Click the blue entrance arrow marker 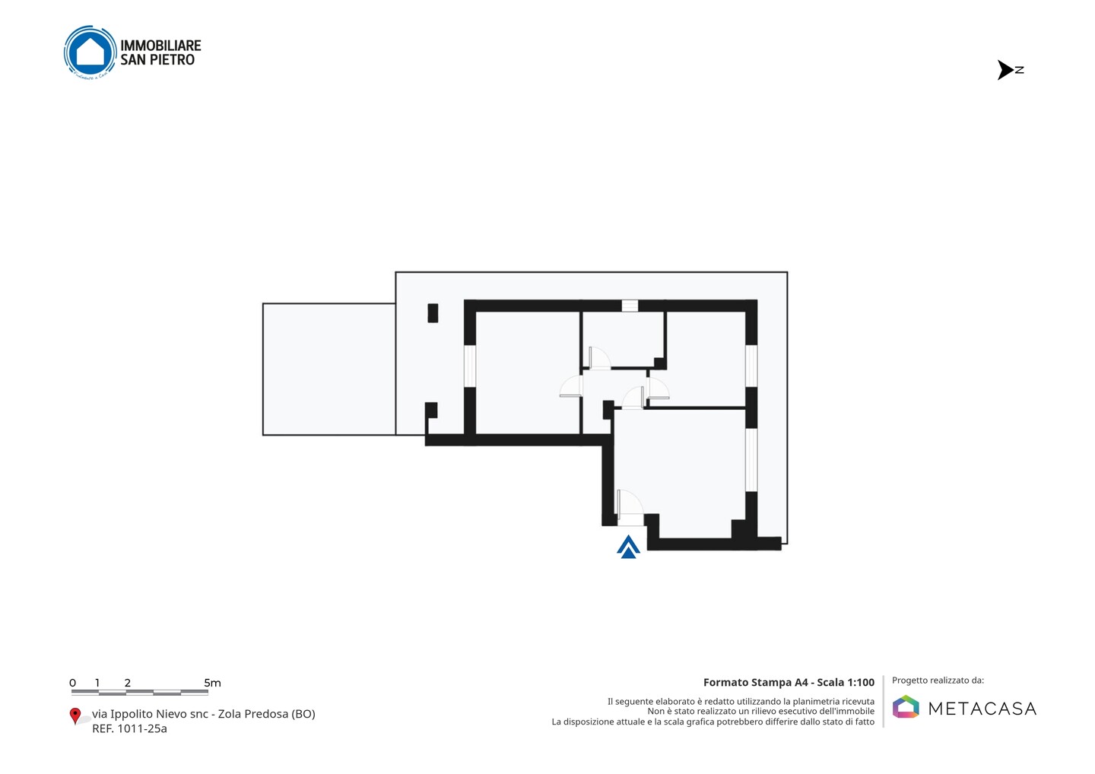click(628, 547)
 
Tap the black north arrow click(1005, 70)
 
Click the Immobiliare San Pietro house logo click(90, 52)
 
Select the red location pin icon click(75, 716)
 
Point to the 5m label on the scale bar click(212, 683)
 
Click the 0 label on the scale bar click(72, 683)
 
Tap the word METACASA click(982, 709)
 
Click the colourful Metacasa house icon click(906, 706)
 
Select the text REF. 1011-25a click(129, 728)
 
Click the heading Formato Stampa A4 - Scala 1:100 click(789, 682)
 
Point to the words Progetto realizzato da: click(938, 680)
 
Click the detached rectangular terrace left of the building click(329, 369)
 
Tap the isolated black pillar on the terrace click(433, 312)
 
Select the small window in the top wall click(630, 306)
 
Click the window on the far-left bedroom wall click(470, 366)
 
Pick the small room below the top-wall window click(623, 339)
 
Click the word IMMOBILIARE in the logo click(160, 46)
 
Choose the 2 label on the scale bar click(128, 683)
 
